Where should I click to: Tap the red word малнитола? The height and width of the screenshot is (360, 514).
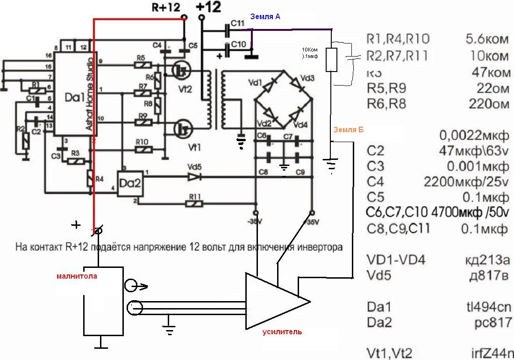[77, 276]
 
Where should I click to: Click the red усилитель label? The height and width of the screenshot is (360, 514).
[282, 332]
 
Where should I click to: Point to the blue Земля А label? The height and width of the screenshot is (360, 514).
[265, 16]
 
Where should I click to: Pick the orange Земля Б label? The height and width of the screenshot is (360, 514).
[348, 130]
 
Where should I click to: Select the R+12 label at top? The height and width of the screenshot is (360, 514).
[166, 7]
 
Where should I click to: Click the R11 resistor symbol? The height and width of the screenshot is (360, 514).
[194, 203]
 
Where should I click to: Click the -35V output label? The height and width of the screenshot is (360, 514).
[256, 222]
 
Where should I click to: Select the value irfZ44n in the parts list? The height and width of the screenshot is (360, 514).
[491, 353]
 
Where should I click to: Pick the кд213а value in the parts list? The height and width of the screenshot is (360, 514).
[485, 260]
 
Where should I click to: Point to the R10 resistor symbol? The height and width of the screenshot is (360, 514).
[141, 150]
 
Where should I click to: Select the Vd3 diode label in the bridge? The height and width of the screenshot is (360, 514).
[307, 78]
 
